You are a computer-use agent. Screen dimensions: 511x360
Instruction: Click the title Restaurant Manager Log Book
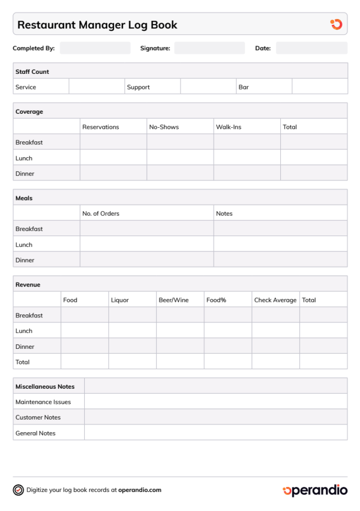[x=97, y=25]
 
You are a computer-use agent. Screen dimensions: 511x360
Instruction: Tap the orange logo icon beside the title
[x=337, y=24]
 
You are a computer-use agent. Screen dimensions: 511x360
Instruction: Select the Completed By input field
[x=95, y=48]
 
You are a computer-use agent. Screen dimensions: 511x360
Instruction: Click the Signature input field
[x=209, y=48]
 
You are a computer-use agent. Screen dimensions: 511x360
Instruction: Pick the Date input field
[x=312, y=48]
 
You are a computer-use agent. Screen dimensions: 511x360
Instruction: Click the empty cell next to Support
[x=208, y=87]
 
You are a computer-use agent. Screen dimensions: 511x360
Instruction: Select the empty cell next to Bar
[x=320, y=87]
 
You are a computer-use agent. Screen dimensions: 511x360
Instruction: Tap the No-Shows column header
[x=164, y=127]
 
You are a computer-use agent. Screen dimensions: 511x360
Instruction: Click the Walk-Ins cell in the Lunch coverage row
[x=247, y=158]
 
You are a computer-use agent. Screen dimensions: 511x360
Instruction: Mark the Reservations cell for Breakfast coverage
[x=113, y=142]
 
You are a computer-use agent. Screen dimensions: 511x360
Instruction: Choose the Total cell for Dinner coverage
[x=314, y=174]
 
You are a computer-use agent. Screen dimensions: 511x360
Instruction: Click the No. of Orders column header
[x=101, y=214]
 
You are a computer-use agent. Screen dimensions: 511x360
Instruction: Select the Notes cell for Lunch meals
[x=280, y=245]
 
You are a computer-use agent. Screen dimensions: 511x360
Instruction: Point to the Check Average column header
[x=275, y=300]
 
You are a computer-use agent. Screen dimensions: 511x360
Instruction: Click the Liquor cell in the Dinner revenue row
[x=132, y=346]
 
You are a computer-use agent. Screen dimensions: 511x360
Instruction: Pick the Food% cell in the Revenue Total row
[x=228, y=362]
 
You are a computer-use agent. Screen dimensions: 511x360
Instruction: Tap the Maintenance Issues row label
[x=43, y=402]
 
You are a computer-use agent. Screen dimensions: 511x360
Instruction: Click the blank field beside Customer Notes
[x=215, y=417]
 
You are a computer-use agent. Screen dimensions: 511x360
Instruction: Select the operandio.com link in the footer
[x=140, y=490]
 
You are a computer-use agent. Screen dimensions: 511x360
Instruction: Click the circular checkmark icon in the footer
[x=18, y=490]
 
